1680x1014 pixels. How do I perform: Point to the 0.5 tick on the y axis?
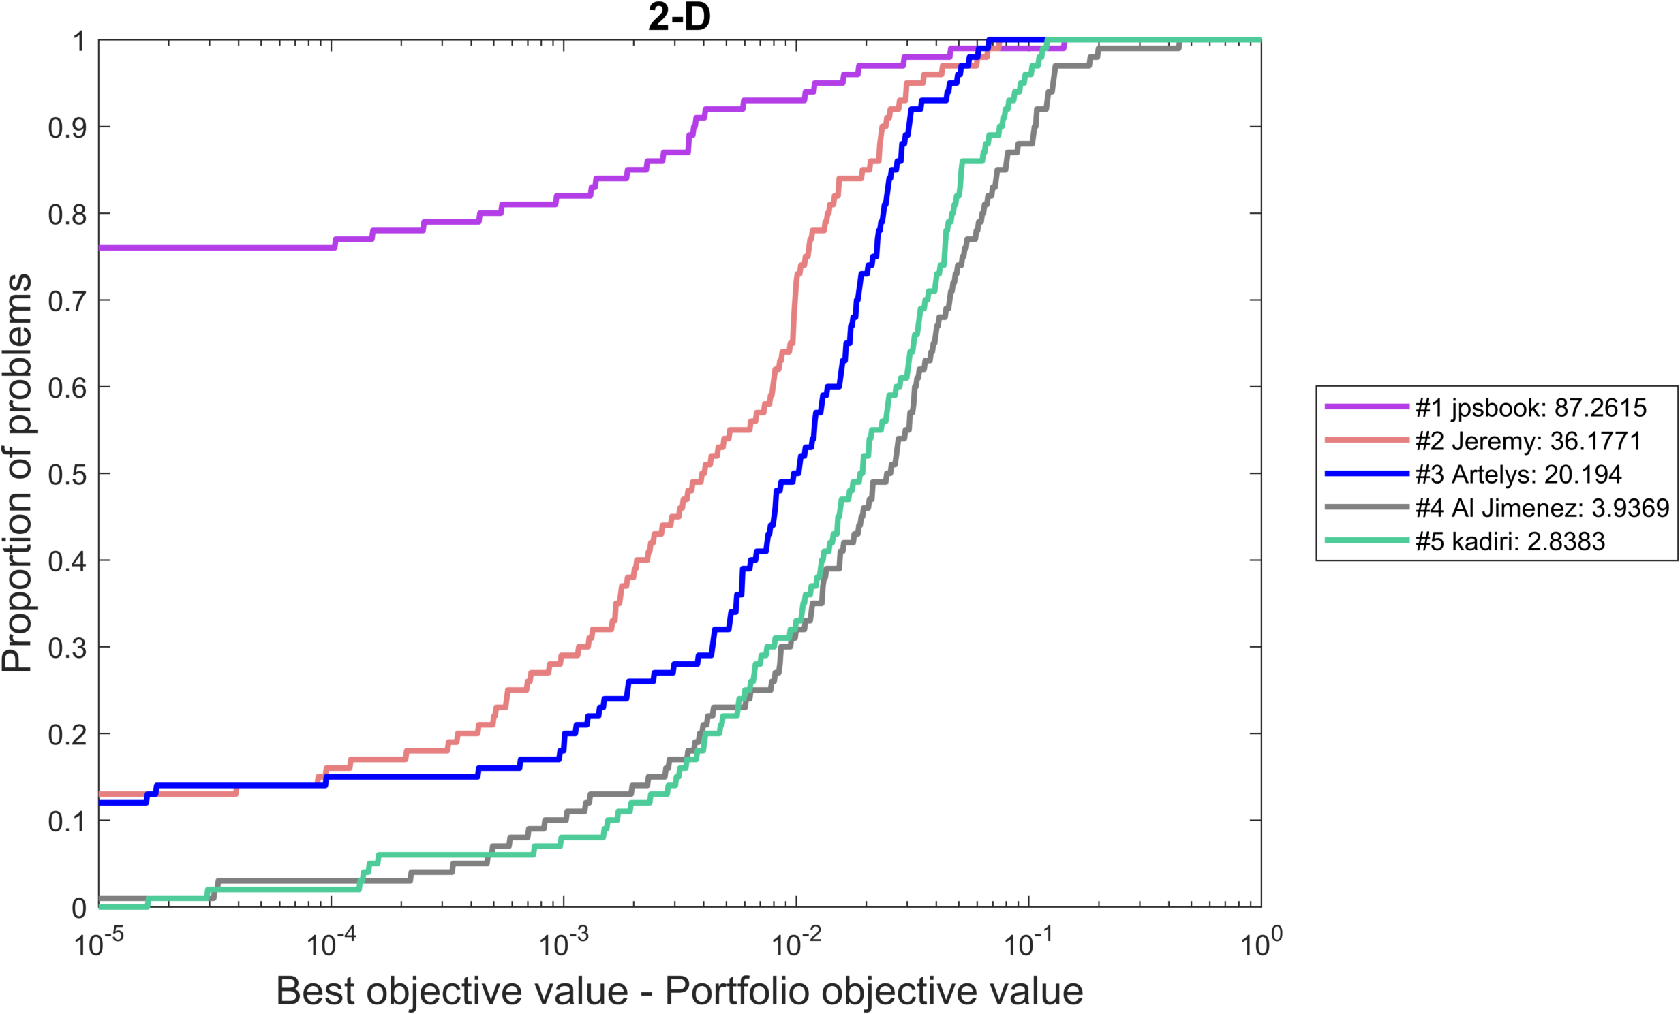[x=67, y=474]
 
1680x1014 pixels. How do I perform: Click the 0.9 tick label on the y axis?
[x=67, y=127]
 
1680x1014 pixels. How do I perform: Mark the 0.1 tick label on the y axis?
[x=67, y=821]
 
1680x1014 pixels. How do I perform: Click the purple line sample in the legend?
[x=1366, y=407]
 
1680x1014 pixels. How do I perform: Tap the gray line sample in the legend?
[x=1366, y=507]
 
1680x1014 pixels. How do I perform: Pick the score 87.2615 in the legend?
[x=1600, y=407]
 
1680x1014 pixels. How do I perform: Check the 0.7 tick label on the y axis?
[x=67, y=300]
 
